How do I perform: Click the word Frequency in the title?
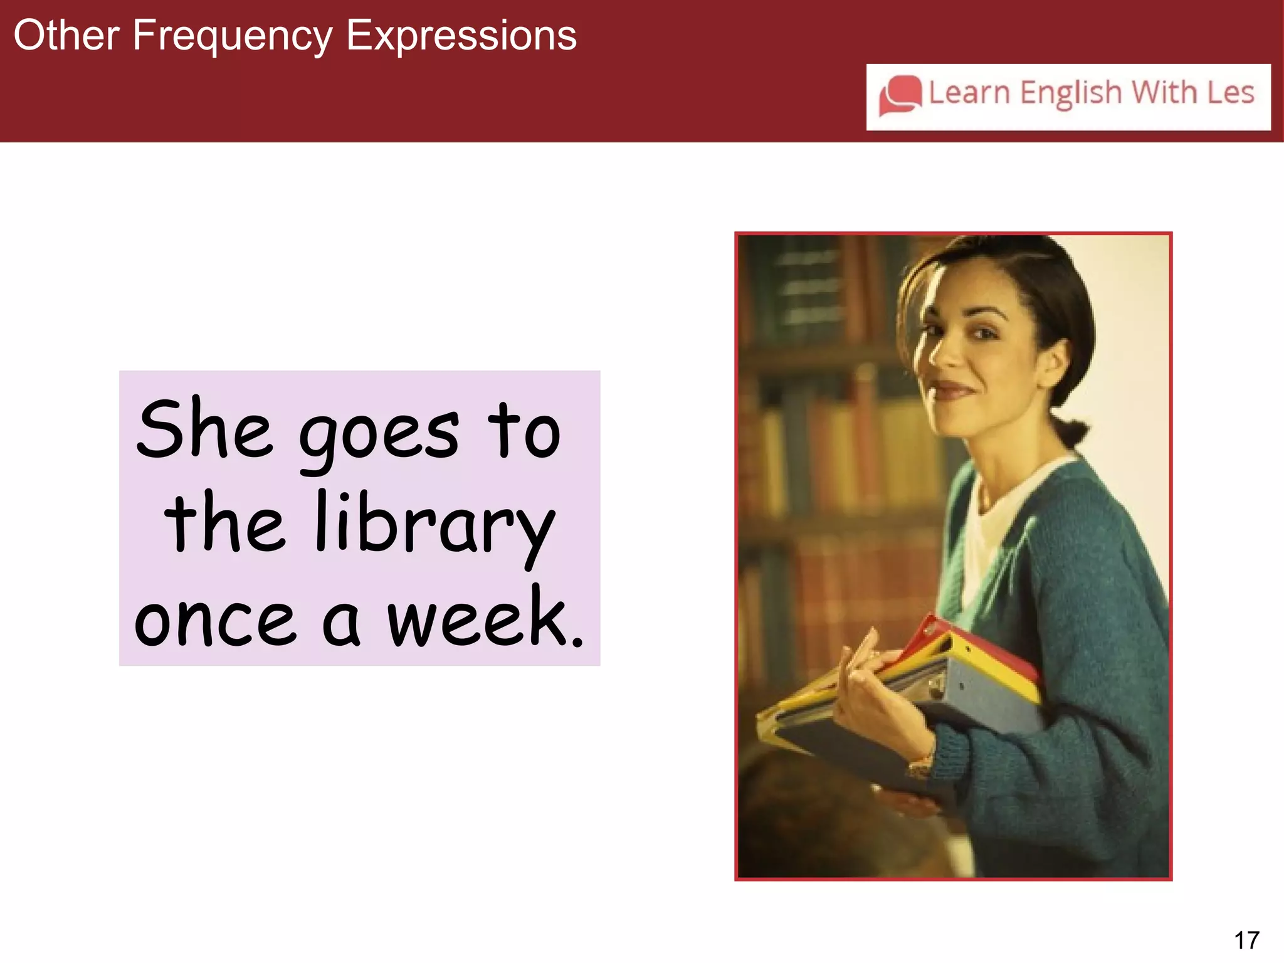(x=232, y=36)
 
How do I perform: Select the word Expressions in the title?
(x=461, y=36)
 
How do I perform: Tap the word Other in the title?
(x=66, y=36)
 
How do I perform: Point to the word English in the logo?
(x=1070, y=93)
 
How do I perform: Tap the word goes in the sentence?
(x=379, y=435)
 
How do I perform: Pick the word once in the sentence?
(x=215, y=621)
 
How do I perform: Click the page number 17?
(x=1246, y=940)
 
